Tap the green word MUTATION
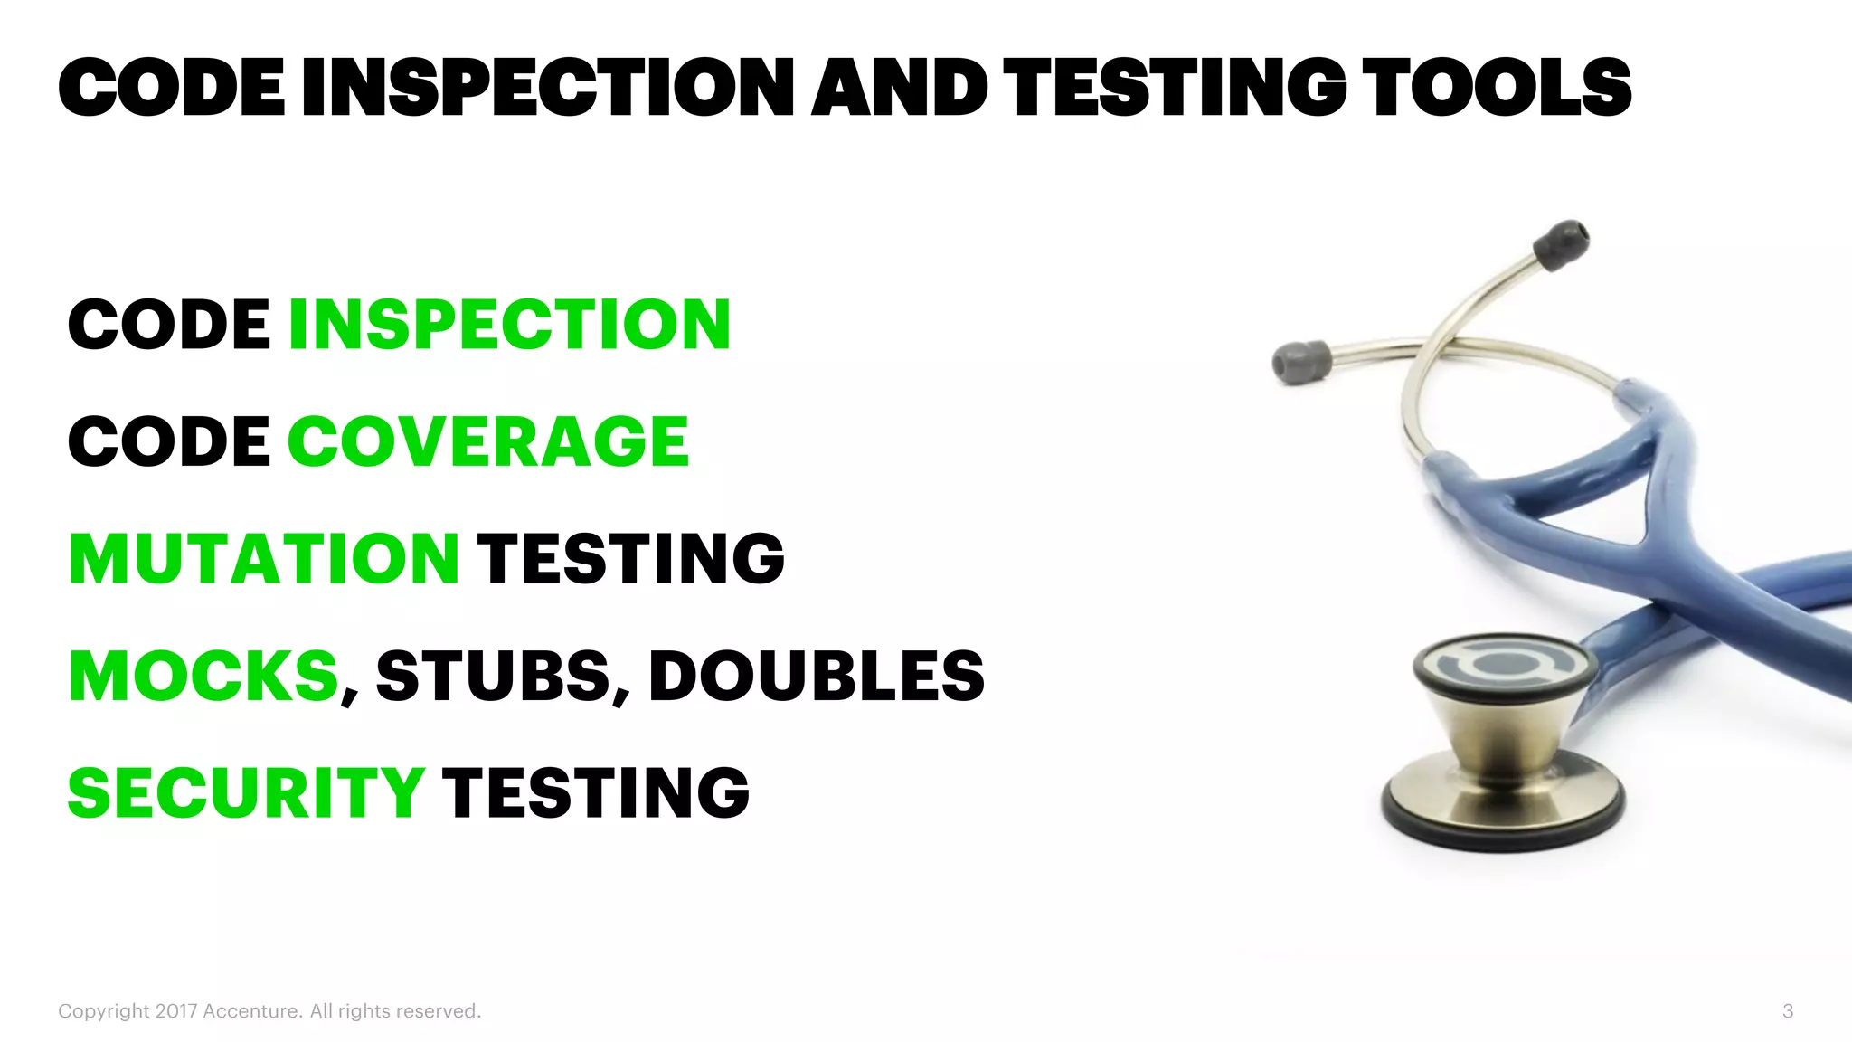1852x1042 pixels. tap(264, 558)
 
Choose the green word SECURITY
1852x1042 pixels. tap(246, 792)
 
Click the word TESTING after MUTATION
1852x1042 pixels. tap(631, 558)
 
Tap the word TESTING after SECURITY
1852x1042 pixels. tap(596, 792)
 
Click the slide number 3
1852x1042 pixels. tap(1788, 1011)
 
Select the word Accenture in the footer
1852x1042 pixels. tap(252, 1011)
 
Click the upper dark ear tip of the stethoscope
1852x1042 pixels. tap(1562, 243)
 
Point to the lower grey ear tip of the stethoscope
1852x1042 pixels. tap(1300, 361)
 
